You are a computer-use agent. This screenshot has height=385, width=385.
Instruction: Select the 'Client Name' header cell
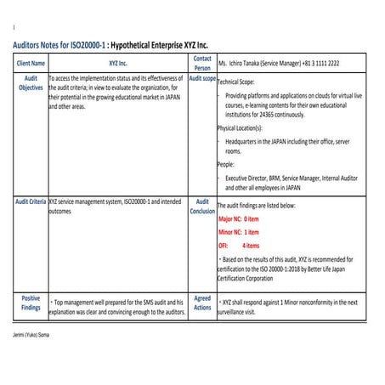[31, 64]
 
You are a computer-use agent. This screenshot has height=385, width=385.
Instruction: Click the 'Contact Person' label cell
[202, 63]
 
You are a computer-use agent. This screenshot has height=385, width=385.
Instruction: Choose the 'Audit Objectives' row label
[31, 82]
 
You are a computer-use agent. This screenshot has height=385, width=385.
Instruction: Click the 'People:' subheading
[227, 164]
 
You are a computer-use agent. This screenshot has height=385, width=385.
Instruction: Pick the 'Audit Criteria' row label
[31, 202]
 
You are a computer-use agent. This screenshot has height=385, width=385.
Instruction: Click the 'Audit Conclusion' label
[202, 207]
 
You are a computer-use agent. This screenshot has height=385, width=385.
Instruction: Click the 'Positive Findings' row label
[31, 303]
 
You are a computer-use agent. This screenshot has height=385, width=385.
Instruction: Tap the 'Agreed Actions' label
[202, 303]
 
